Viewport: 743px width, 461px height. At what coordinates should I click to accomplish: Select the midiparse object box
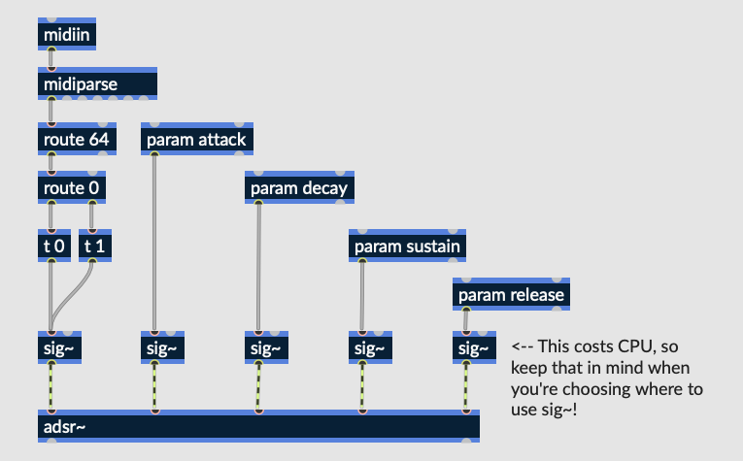tap(98, 84)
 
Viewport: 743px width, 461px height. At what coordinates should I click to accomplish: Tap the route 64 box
tap(78, 140)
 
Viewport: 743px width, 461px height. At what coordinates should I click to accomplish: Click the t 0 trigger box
tap(54, 246)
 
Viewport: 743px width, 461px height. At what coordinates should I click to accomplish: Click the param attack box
tap(196, 140)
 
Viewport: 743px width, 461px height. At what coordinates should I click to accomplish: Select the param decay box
tap(299, 188)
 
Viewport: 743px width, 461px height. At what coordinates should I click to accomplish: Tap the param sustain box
tap(407, 246)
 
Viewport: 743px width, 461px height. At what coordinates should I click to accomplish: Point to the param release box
tap(511, 294)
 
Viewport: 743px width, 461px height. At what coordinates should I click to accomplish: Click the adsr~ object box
tap(258, 426)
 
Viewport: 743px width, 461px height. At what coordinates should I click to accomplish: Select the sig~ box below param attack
tap(162, 348)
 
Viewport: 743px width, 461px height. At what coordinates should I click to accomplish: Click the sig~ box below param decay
tap(266, 348)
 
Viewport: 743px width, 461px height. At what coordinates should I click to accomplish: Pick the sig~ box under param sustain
tap(370, 348)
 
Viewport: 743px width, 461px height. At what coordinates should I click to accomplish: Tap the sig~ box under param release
tap(474, 348)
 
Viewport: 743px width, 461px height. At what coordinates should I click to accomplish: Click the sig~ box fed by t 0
tap(59, 348)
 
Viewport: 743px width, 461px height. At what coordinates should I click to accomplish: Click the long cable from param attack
tap(155, 243)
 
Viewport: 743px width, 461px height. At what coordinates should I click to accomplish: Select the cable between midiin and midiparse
tap(51, 59)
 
